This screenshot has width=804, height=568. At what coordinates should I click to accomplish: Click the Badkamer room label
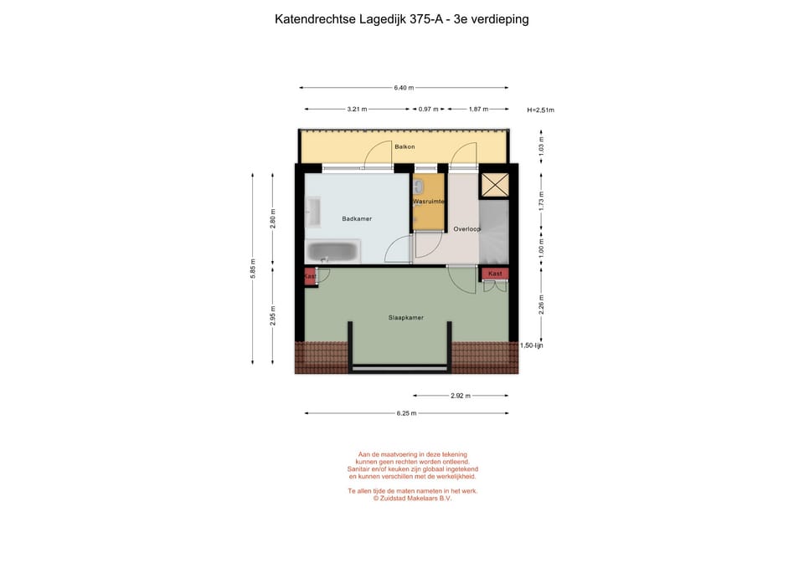tap(357, 218)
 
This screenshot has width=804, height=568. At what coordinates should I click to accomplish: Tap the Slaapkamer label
tap(405, 317)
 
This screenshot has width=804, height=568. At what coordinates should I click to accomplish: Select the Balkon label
tap(405, 146)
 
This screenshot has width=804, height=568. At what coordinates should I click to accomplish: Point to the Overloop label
tap(466, 228)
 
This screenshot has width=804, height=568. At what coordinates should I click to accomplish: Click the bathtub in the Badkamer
tap(332, 250)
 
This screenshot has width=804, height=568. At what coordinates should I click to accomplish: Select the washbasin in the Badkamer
tap(312, 212)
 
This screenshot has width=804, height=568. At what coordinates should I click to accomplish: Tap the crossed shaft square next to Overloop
tap(494, 185)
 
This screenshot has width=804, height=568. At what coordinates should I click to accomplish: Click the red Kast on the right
tap(495, 274)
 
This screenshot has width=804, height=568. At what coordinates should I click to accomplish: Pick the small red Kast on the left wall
tap(310, 276)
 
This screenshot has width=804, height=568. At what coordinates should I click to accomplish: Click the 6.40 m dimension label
tap(404, 88)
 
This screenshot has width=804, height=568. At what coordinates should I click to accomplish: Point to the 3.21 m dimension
tap(358, 109)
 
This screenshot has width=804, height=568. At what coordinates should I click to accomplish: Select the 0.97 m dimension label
tap(428, 109)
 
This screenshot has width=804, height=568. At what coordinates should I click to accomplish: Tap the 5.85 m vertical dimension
tap(253, 268)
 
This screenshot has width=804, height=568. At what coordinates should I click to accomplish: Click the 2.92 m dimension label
tap(460, 396)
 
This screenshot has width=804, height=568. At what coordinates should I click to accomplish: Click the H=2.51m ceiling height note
tap(540, 110)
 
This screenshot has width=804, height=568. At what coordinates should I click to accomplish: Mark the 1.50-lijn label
tap(531, 345)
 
